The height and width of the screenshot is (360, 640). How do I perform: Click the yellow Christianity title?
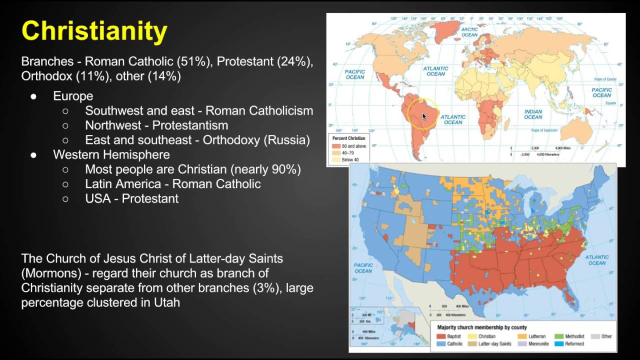pos(94,31)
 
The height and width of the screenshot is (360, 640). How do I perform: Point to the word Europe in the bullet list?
pos(73,96)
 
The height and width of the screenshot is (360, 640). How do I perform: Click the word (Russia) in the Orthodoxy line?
pos(286,140)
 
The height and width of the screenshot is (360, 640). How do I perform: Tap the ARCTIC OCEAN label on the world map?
pos(469,32)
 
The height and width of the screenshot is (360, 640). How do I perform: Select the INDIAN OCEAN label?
pos(533,114)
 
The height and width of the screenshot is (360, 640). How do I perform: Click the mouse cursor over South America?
pos(423,115)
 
